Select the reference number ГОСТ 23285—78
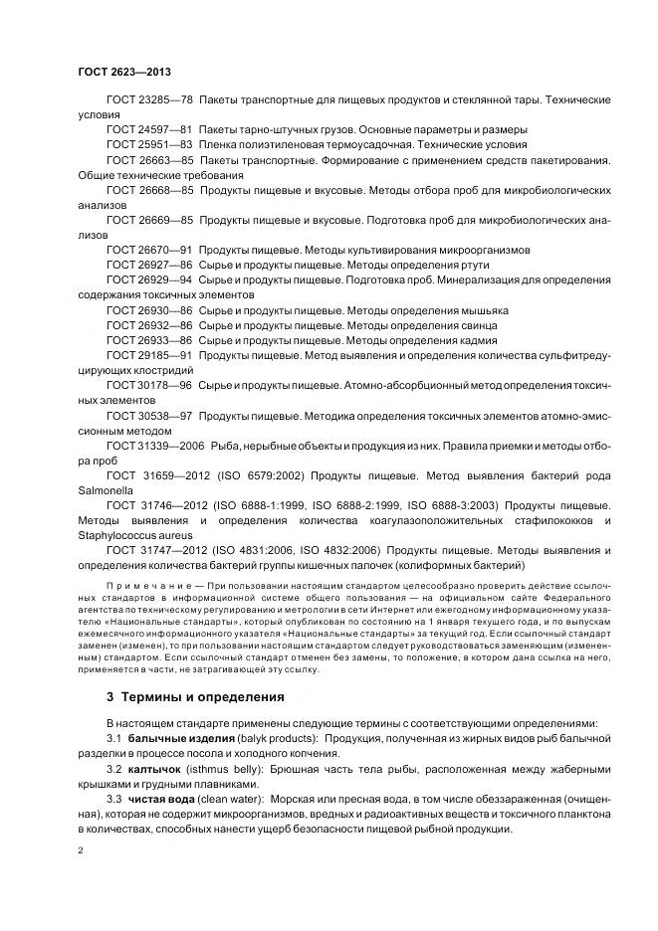pyautogui.click(x=149, y=101)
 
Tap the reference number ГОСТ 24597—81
pyautogui.click(x=149, y=129)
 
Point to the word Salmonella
pyautogui.click(x=107, y=490)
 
